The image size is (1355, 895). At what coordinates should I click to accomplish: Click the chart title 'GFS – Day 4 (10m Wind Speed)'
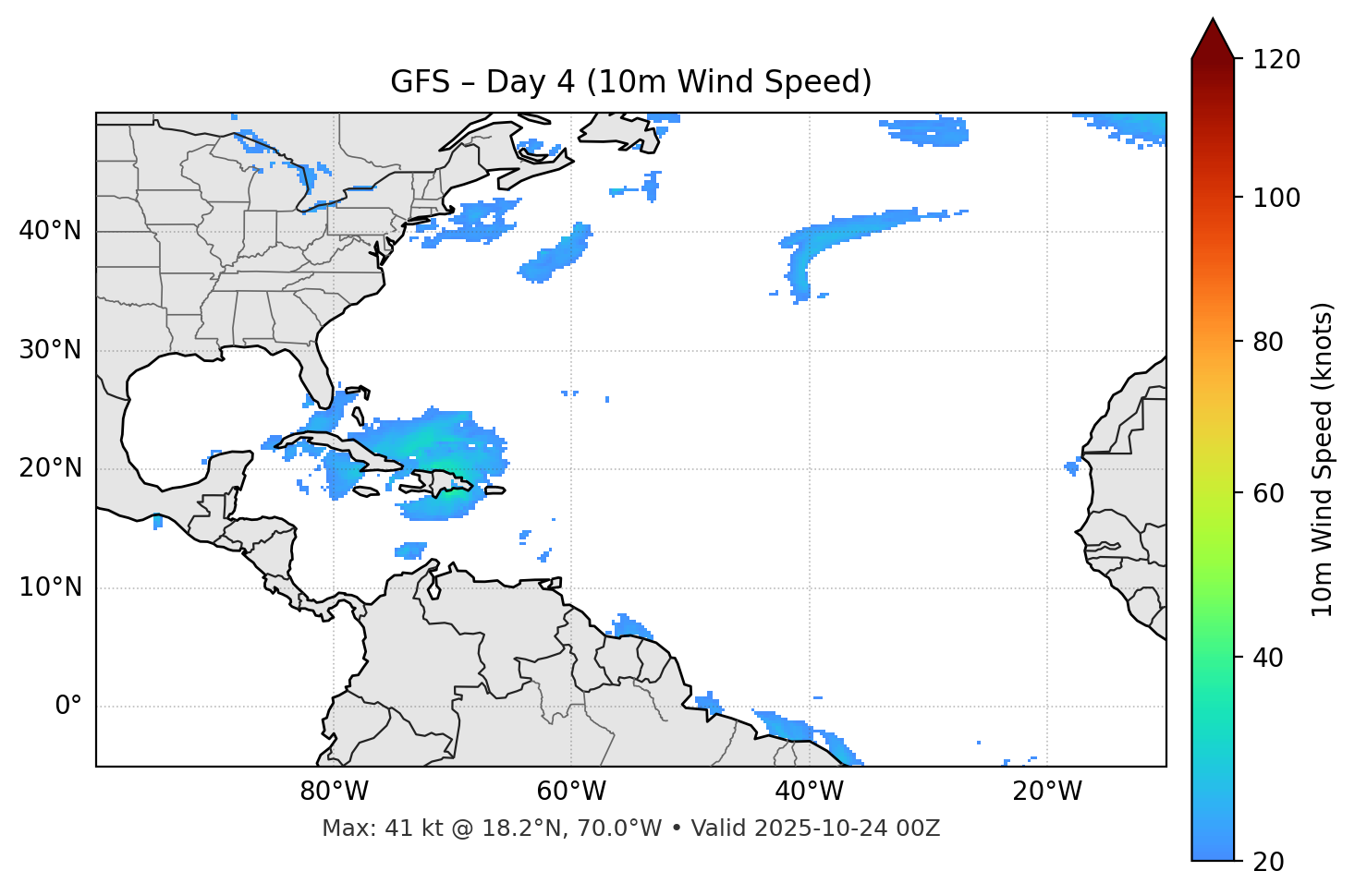point(630,82)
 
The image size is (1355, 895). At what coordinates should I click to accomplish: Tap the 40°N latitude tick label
point(50,231)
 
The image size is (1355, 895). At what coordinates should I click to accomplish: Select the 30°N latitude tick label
point(50,350)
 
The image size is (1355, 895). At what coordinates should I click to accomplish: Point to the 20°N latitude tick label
point(50,468)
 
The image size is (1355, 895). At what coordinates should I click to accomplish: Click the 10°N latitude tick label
point(50,587)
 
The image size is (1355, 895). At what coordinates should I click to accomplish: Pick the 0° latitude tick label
point(68,707)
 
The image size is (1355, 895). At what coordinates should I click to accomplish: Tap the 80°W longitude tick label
point(334,792)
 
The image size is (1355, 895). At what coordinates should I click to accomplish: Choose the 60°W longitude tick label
point(571,792)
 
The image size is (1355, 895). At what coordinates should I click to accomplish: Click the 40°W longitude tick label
point(809,792)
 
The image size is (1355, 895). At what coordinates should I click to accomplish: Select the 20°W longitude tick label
point(1046,792)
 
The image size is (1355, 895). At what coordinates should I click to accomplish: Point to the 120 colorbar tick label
point(1276,60)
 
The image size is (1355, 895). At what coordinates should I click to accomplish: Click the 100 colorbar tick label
point(1276,198)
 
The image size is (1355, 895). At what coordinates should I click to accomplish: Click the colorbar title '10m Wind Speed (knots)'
point(1323,459)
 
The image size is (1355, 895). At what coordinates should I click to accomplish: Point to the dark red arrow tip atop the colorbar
point(1213,37)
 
